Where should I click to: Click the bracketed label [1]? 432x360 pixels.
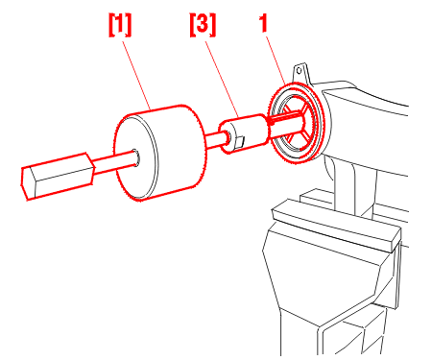tap(120, 25)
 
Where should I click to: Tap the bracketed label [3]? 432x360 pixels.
tap(203, 25)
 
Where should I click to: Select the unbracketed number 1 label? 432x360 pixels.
tap(263, 23)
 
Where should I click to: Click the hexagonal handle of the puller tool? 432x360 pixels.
tap(58, 177)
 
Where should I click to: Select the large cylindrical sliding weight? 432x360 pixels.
tap(160, 153)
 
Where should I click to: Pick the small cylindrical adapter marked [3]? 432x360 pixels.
tap(243, 133)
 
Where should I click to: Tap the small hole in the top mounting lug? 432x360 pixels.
tap(300, 70)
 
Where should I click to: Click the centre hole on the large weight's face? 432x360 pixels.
tap(135, 157)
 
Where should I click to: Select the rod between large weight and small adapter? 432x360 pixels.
tap(214, 140)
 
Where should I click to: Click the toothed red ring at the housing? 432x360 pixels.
tap(298, 123)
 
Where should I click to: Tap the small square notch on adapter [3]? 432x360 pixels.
tap(239, 140)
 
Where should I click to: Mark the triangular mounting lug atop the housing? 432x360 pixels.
tap(300, 73)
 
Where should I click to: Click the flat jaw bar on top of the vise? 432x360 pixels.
tap(336, 225)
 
